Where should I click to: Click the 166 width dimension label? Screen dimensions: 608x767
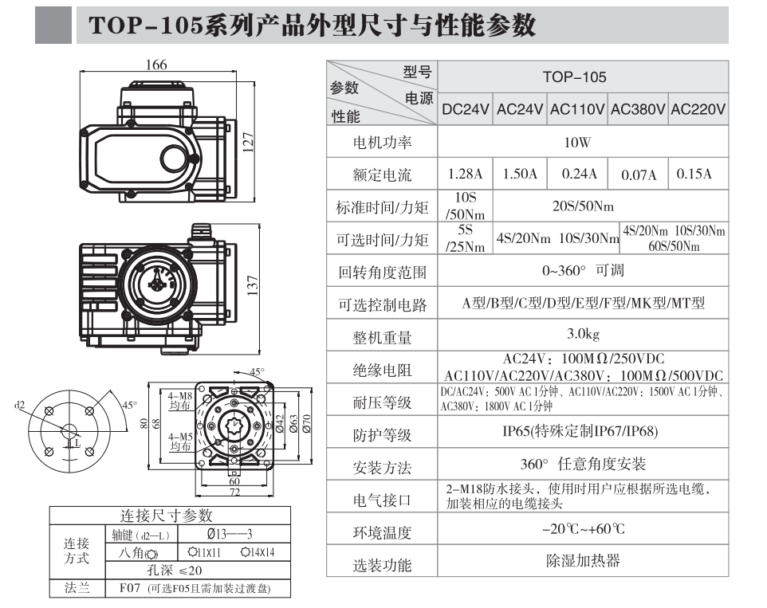[x=155, y=65]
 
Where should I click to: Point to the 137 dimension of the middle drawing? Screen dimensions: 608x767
[x=253, y=284]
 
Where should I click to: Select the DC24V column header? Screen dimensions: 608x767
[x=466, y=110]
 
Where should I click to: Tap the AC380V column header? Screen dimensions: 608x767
[x=638, y=110]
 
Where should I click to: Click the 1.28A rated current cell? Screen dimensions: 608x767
[x=466, y=174]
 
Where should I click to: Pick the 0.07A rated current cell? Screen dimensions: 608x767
[x=639, y=175]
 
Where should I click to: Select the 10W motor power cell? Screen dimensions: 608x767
[x=577, y=143]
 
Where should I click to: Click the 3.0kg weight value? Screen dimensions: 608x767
[x=583, y=332]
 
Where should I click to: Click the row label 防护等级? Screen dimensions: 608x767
[x=382, y=435]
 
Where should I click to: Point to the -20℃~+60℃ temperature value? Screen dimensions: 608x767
[x=583, y=529]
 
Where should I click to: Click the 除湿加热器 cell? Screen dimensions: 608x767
[x=583, y=561]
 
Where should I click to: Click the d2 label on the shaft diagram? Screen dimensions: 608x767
[x=20, y=405]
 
